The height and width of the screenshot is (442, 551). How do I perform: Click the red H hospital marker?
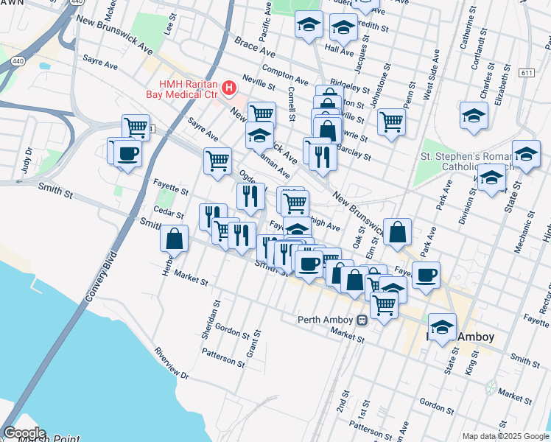pyautogui.click(x=228, y=89)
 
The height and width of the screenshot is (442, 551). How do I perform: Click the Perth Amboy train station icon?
pyautogui.click(x=362, y=320)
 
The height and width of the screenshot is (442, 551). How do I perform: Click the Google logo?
pyautogui.click(x=24, y=433)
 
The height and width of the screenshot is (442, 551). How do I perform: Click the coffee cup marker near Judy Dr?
pyautogui.click(x=128, y=154)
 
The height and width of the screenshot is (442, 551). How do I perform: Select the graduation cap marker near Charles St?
pyautogui.click(x=474, y=115)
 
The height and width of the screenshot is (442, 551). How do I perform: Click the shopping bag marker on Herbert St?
pyautogui.click(x=174, y=238)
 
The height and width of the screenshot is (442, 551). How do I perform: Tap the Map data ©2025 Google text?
pyautogui.click(x=505, y=436)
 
